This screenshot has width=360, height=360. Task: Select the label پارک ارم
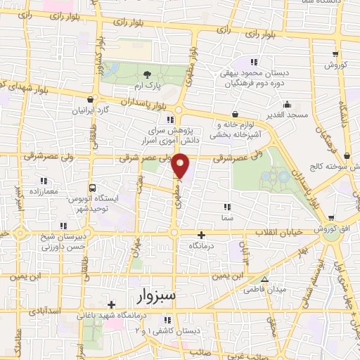[147, 85]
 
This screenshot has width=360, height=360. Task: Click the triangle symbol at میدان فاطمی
[264, 279]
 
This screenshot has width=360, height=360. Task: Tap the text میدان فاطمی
[262, 289]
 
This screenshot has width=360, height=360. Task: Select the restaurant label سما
[226, 219]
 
